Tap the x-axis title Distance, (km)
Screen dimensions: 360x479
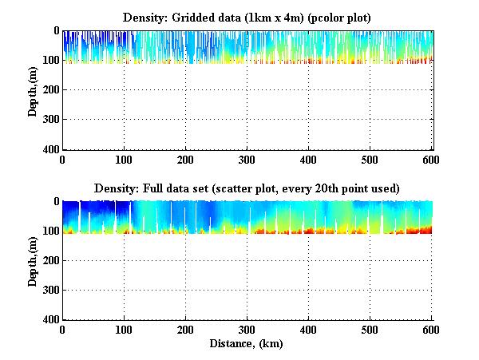[247, 343]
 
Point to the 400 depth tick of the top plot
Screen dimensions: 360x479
[49, 149]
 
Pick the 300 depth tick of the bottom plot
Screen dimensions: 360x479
[49, 290]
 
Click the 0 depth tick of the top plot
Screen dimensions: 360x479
[55, 30]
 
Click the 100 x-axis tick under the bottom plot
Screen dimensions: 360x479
[124, 330]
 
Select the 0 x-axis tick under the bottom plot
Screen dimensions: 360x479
[62, 330]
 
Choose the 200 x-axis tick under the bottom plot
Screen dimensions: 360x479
[185, 330]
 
